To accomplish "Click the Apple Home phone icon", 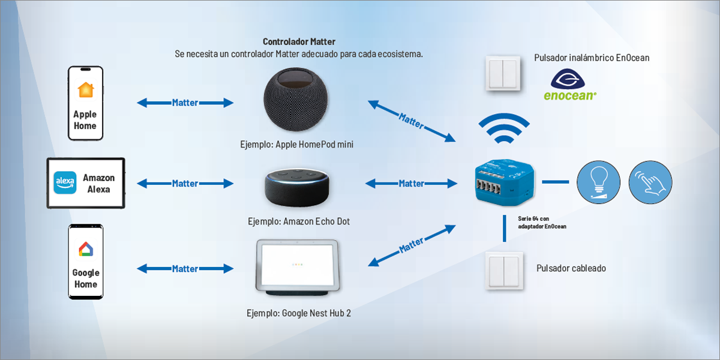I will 85,103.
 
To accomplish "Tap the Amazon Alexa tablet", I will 86,183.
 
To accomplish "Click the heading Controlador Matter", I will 299,41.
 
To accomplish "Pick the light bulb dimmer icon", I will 598,181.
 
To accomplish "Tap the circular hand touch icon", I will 650,181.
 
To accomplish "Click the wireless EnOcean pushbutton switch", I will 504,73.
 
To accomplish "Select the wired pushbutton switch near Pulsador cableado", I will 504,270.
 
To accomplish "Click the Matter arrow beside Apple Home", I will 185,103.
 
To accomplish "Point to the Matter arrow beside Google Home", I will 185,269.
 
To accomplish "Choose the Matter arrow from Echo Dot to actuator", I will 412,183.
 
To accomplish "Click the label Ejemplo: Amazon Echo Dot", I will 298,222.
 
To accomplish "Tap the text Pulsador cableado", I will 571,268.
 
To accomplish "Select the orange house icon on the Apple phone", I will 86,90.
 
